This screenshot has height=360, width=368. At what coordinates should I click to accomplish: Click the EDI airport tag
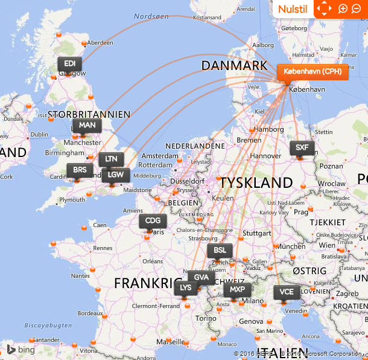point(70,64)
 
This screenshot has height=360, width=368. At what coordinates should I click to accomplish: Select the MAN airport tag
point(87,126)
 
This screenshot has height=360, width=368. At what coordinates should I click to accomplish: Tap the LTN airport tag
point(111,159)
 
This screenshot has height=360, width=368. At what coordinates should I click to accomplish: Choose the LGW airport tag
point(115,175)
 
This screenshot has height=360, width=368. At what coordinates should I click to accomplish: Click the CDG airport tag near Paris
point(153,221)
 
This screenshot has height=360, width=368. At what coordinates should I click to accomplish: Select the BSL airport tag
point(220,251)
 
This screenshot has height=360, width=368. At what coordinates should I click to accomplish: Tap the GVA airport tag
point(201,278)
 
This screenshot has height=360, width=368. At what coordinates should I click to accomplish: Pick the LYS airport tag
point(186,288)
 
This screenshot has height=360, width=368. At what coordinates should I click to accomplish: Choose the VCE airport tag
point(287,292)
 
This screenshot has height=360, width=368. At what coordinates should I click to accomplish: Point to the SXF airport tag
point(302,148)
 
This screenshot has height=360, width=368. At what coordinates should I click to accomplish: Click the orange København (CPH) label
point(312,71)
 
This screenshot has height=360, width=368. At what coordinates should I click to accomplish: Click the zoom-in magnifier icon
point(343,8)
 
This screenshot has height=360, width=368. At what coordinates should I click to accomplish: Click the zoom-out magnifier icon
point(357,8)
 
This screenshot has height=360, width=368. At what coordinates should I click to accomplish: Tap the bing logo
point(21,350)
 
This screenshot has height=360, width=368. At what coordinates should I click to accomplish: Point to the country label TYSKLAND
point(256,182)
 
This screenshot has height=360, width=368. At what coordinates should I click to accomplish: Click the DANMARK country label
point(234,65)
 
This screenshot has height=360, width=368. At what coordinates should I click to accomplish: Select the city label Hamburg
point(269,129)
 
